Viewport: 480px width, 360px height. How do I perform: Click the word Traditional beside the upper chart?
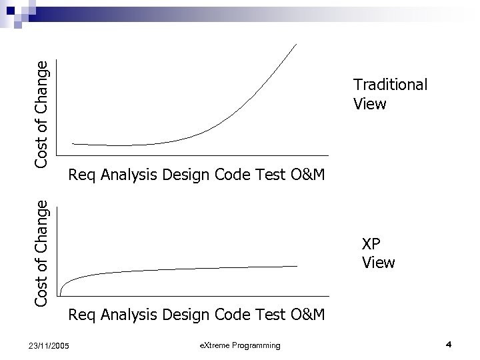(x=390, y=85)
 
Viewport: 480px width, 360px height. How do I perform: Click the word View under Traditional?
(x=370, y=104)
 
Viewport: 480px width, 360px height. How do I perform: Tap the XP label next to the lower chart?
(x=371, y=244)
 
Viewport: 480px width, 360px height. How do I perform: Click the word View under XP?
(x=379, y=263)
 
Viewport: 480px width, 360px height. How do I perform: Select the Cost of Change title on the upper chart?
(x=41, y=113)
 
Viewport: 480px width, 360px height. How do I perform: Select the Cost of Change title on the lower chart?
(x=41, y=253)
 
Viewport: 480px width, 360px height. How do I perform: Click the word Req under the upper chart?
(x=82, y=175)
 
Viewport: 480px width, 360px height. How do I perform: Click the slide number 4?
(x=449, y=344)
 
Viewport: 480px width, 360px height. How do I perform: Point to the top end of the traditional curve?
(x=297, y=44)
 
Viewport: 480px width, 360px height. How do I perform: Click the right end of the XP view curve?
(x=296, y=266)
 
